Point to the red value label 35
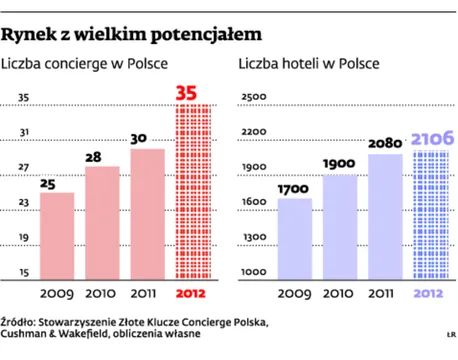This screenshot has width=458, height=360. (x=186, y=93)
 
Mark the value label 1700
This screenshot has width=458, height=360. (x=294, y=187)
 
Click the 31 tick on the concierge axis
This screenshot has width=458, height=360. (x=21, y=131)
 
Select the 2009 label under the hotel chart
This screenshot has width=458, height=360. (x=296, y=293)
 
